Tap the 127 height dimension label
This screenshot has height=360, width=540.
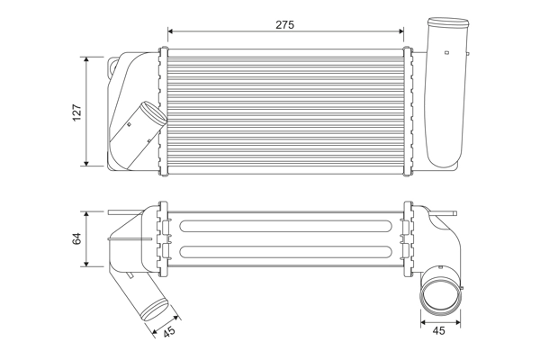coord(76,112)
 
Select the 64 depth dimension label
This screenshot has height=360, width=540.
coord(76,238)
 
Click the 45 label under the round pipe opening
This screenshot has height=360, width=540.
coord(439,331)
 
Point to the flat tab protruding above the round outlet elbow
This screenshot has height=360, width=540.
coord(444,266)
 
